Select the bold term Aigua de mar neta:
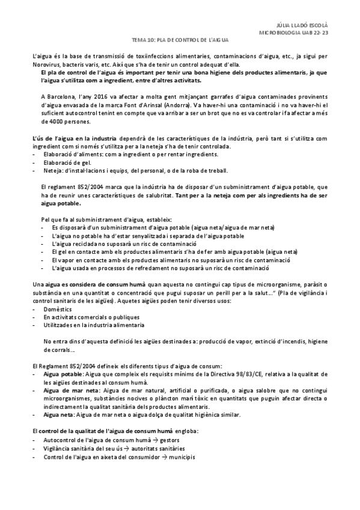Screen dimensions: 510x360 tap(71, 390)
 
